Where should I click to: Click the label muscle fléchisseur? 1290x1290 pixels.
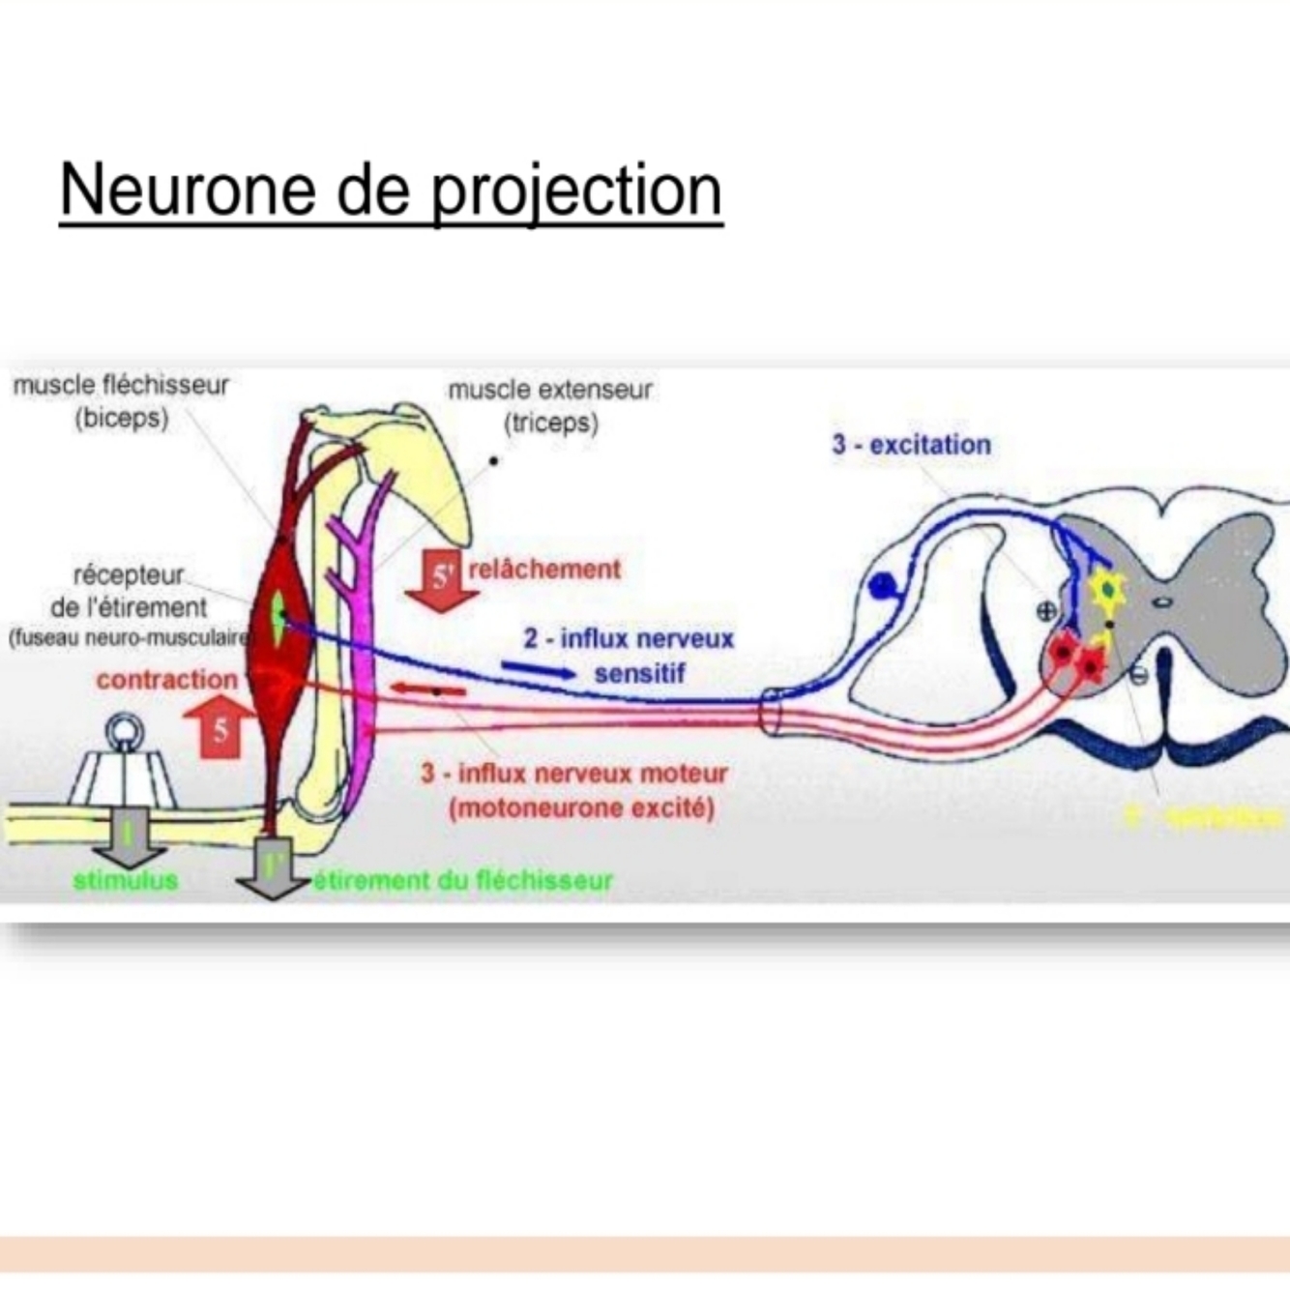pyautogui.click(x=121, y=385)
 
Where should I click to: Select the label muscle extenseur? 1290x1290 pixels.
pyautogui.click(x=550, y=391)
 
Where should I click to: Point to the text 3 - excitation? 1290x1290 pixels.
pyautogui.click(x=911, y=445)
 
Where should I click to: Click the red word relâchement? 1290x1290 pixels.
pyautogui.click(x=544, y=569)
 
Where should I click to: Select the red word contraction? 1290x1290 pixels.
pyautogui.click(x=166, y=680)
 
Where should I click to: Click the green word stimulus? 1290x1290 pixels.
pyautogui.click(x=126, y=880)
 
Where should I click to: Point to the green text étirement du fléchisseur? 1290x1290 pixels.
pyautogui.click(x=463, y=880)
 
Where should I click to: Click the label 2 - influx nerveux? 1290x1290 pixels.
pyautogui.click(x=629, y=639)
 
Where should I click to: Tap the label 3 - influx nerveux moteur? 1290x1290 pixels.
pyautogui.click(x=573, y=774)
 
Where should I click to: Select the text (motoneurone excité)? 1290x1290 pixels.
pyautogui.click(x=581, y=807)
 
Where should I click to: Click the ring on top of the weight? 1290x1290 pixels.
pyautogui.click(x=126, y=731)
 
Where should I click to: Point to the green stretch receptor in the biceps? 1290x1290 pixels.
pyautogui.click(x=279, y=619)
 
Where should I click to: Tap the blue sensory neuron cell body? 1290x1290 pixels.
pyautogui.click(x=883, y=586)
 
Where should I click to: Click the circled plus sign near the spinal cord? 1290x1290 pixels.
pyautogui.click(x=1045, y=610)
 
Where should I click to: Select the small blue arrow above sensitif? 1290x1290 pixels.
pyautogui.click(x=538, y=670)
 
